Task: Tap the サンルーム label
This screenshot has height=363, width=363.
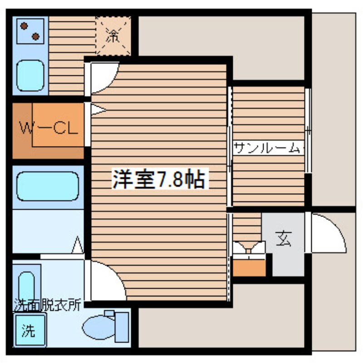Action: [x=267, y=147]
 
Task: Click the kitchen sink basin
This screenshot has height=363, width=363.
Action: [x=30, y=76]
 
